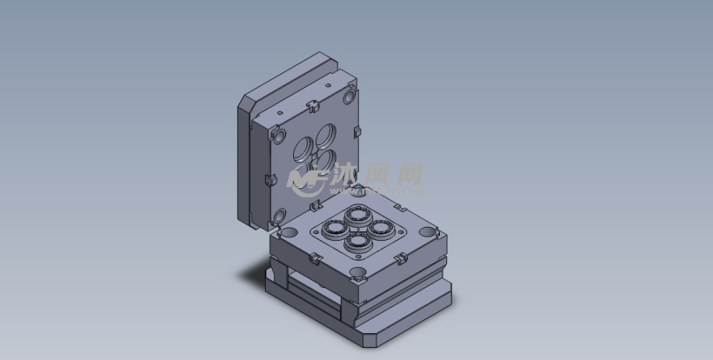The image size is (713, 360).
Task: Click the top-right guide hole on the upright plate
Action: click(350, 92)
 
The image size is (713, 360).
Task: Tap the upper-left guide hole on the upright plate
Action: click(279, 136)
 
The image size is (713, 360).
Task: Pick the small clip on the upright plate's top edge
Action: click(310, 106)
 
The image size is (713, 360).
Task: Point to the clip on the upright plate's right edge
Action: click(356, 132)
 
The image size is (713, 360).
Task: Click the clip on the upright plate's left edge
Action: click(268, 180)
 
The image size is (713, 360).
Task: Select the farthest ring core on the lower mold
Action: click(357, 214)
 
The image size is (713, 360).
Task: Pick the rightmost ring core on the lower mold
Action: click(380, 227)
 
